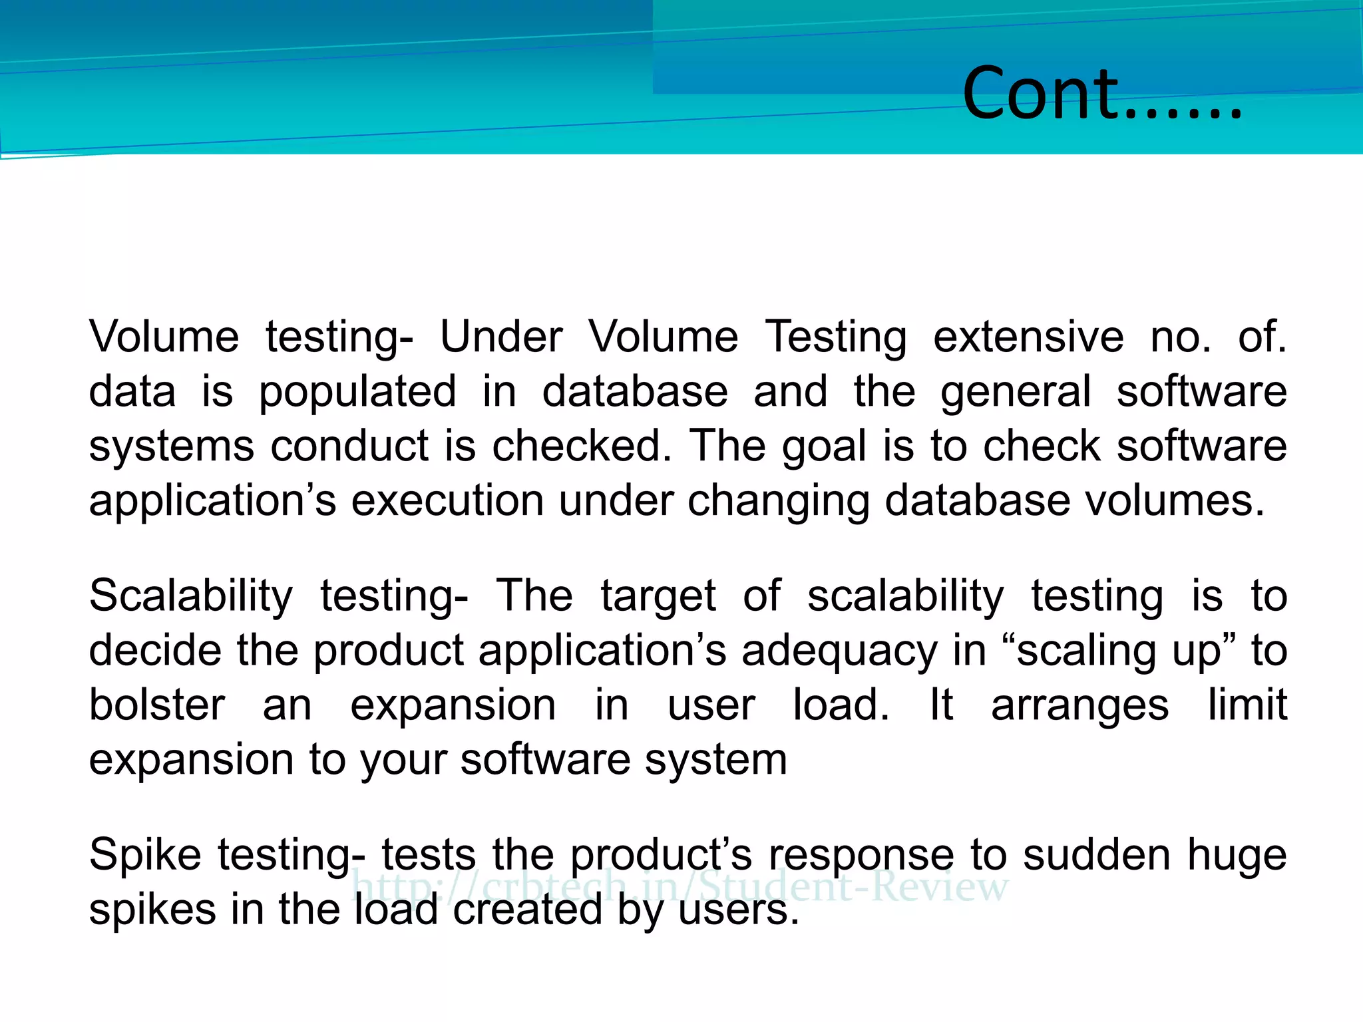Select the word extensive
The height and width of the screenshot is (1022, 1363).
1028,337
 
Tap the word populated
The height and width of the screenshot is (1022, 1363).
357,393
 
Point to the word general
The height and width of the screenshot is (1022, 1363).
1016,393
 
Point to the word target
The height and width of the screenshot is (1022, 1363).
658,596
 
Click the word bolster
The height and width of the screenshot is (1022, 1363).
157,705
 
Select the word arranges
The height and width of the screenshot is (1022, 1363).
1079,707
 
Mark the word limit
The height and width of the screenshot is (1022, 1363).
1247,705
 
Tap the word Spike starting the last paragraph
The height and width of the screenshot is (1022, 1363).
145,856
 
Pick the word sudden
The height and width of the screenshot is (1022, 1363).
1096,856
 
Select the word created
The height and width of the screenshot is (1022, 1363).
527,910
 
